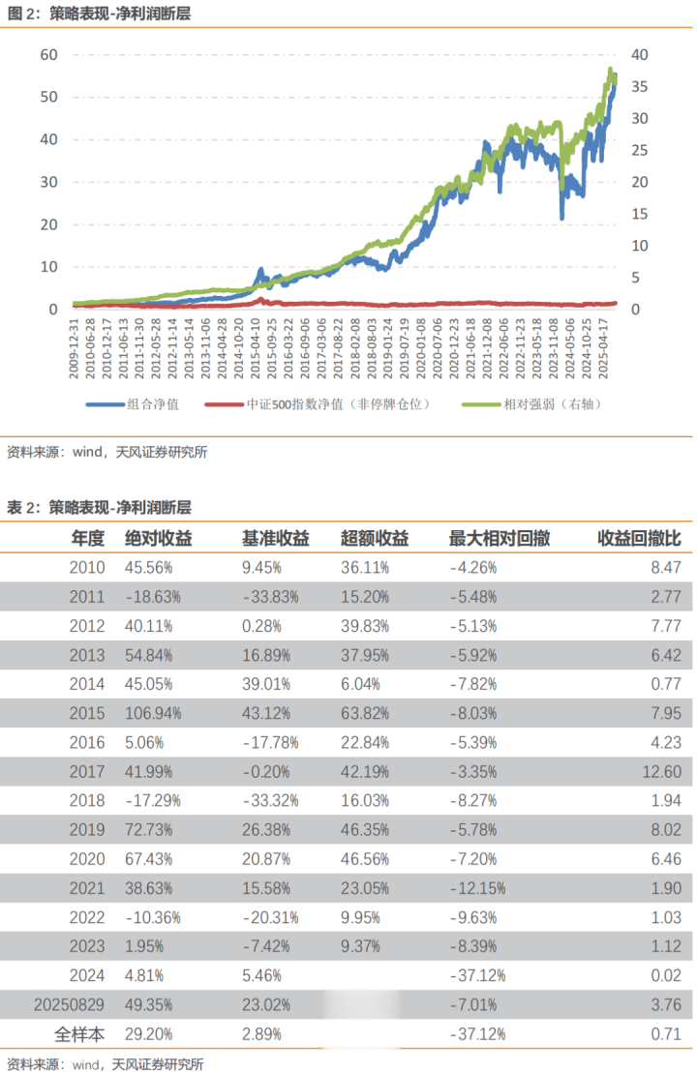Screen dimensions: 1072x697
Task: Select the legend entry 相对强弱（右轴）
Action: click(552, 404)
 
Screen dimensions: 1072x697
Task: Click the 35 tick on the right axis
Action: click(639, 87)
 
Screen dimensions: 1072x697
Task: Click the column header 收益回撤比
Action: click(639, 538)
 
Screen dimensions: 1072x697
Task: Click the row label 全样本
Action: click(79, 1032)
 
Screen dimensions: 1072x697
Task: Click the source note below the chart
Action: click(106, 452)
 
